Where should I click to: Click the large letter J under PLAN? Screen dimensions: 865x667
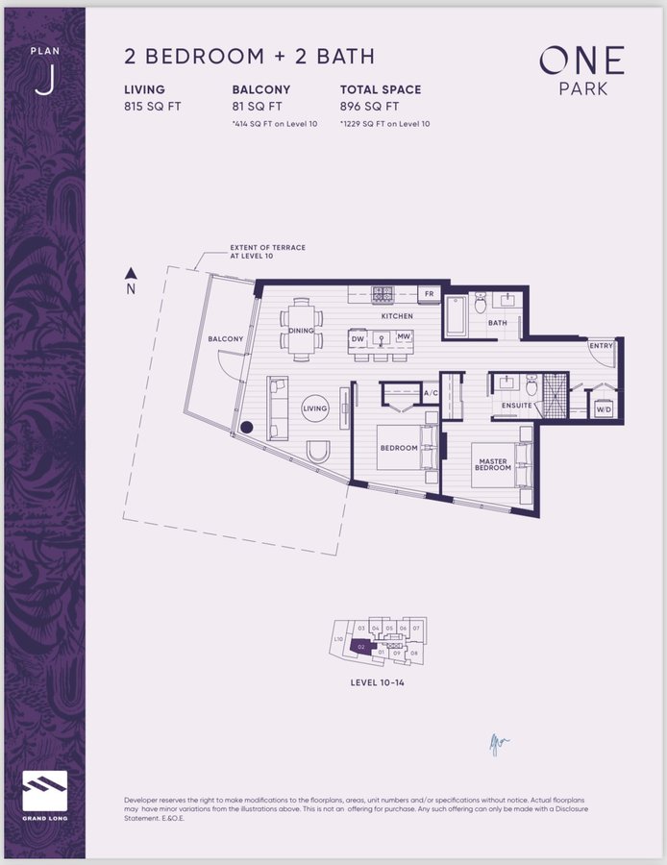[x=44, y=82]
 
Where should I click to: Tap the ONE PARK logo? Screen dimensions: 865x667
[x=581, y=72]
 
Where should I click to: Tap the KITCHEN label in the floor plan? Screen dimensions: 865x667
[x=397, y=316]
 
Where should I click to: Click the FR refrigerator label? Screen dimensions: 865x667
[x=430, y=293]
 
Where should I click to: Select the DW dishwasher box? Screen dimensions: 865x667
[x=358, y=338]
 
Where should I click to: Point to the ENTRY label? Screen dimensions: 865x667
[x=602, y=346]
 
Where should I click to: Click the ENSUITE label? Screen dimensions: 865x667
[x=516, y=406]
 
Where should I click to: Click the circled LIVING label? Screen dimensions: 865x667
[x=315, y=408]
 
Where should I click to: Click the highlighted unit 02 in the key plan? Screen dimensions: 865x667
[x=360, y=647]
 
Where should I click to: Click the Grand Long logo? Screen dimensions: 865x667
[x=44, y=792]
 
